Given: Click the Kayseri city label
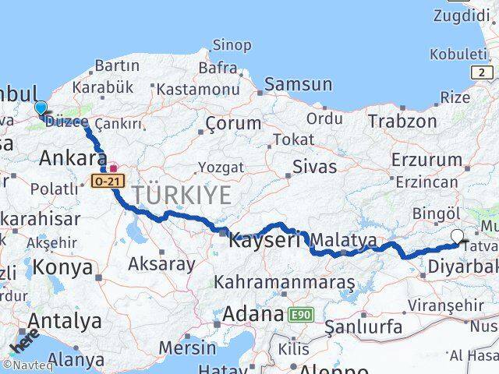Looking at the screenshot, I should point(264,241).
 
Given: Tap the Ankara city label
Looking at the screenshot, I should point(73,158).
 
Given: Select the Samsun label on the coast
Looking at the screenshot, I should point(298,84).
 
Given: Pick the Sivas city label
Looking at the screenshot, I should point(315,166).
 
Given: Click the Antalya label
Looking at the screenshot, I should point(65,320).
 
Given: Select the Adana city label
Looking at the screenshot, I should point(252,314).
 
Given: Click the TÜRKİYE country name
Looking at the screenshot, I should point(181,195).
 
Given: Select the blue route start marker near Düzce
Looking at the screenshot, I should point(41,108).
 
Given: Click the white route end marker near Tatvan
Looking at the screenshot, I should point(457,236).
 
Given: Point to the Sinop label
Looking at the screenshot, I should point(232,46).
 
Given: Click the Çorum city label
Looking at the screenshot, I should point(233,123).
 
